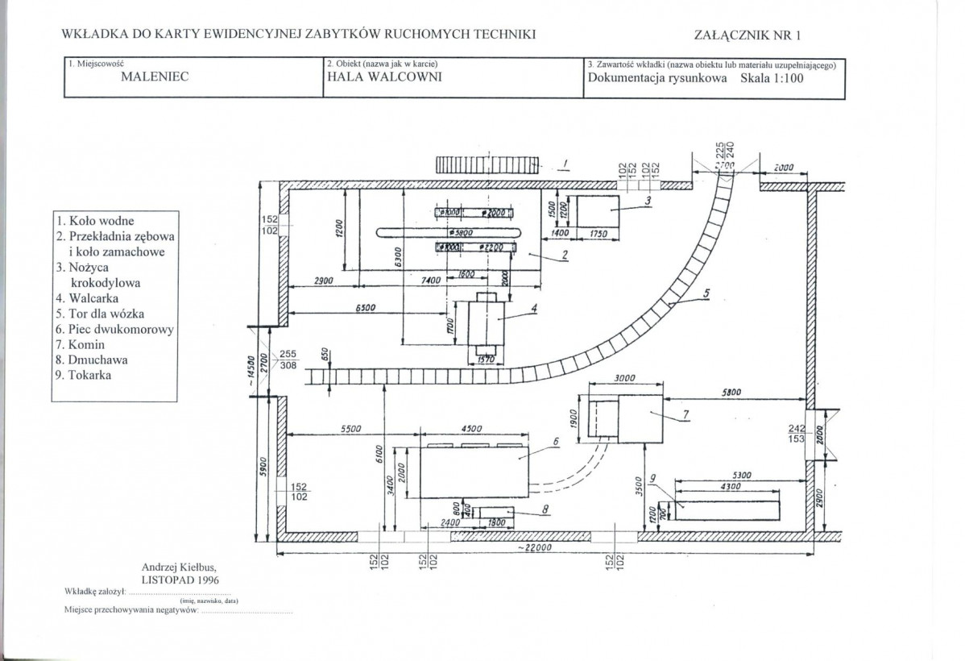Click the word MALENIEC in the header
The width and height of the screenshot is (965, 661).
[x=155, y=78]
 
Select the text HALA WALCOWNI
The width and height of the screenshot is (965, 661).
[x=373, y=78]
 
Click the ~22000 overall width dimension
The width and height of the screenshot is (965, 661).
[x=547, y=548]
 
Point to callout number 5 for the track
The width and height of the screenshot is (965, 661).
[x=706, y=294]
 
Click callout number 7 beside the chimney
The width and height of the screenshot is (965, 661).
[x=685, y=414]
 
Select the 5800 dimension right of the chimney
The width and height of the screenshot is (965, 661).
[x=731, y=393]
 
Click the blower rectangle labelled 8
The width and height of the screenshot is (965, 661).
[x=495, y=512]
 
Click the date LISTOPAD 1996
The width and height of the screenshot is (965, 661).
[x=180, y=579]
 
